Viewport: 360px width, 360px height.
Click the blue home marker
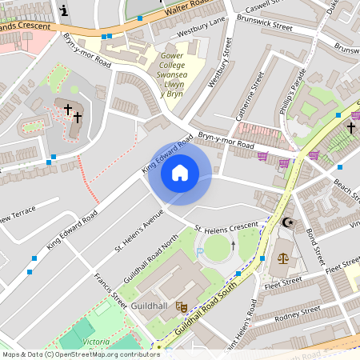180,173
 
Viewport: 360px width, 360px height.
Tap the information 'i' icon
64,10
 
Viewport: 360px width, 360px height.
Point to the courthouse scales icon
282,258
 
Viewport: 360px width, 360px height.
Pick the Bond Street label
314,249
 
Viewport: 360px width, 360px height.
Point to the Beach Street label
345,189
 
